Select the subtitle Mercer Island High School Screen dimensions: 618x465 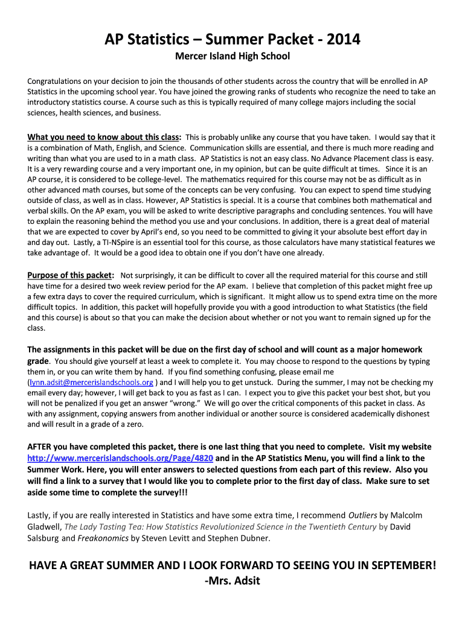tap(232, 56)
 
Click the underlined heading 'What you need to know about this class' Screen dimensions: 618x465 tap(104, 137)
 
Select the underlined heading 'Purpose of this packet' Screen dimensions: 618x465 tap(71, 275)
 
